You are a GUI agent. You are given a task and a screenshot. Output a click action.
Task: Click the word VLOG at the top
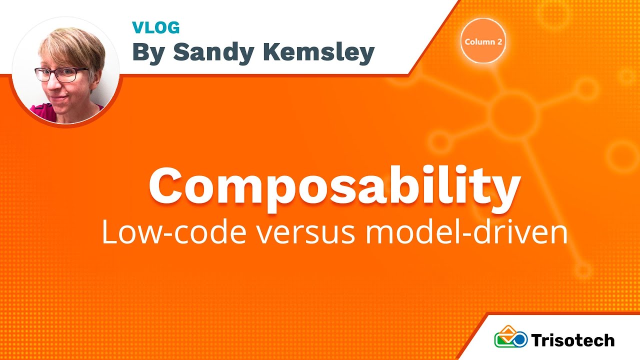[x=155, y=27]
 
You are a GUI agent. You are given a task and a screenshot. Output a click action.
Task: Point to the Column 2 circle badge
[x=483, y=41]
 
